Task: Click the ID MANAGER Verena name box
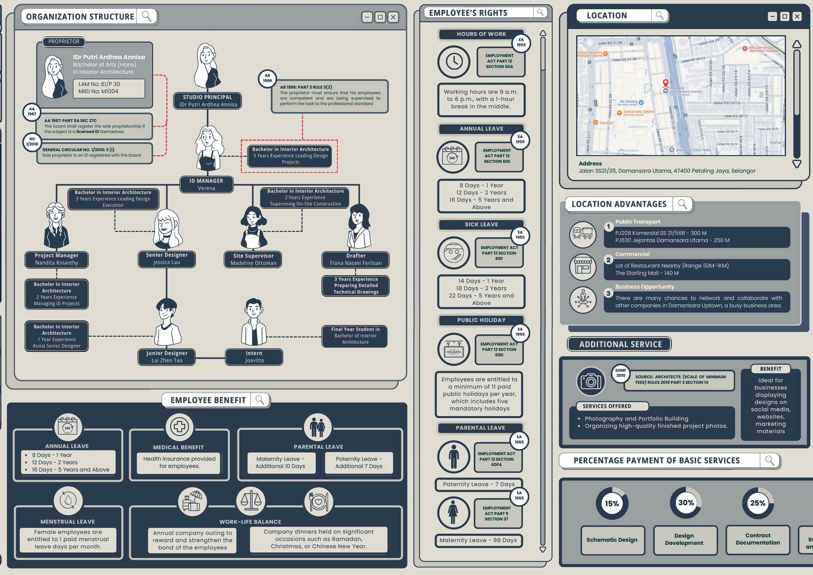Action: coord(207,184)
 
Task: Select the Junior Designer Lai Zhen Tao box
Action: coord(167,357)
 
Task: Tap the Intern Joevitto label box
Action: coord(254,357)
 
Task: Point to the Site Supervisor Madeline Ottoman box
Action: coord(253,259)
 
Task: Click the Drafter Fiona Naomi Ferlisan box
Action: coord(355,259)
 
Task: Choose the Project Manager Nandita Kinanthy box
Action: coord(57,259)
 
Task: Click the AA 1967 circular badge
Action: coord(32,111)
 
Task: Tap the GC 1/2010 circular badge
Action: coord(32,142)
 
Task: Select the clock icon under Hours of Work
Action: coord(454,62)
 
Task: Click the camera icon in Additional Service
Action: coord(590,381)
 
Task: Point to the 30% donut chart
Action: coord(685,503)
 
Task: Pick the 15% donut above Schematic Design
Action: coord(612,504)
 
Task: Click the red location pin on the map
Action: coord(665,83)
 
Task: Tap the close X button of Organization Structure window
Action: coord(393,17)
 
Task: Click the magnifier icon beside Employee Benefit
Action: coord(260,400)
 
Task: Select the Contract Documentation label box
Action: coord(758,539)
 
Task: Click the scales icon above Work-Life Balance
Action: coord(250,501)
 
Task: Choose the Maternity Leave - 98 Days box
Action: coord(478,540)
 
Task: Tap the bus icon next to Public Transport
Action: coord(583,234)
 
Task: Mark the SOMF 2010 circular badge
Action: coord(621,373)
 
